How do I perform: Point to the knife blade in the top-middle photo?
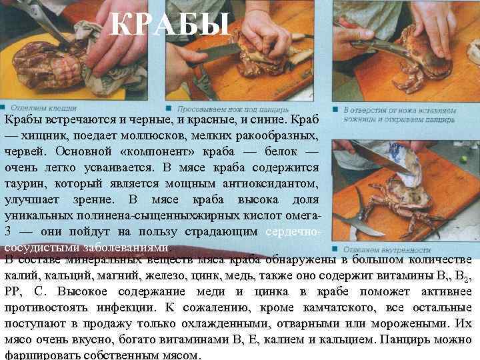point(217,51)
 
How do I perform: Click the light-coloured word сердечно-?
point(293,231)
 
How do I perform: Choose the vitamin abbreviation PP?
point(15,292)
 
